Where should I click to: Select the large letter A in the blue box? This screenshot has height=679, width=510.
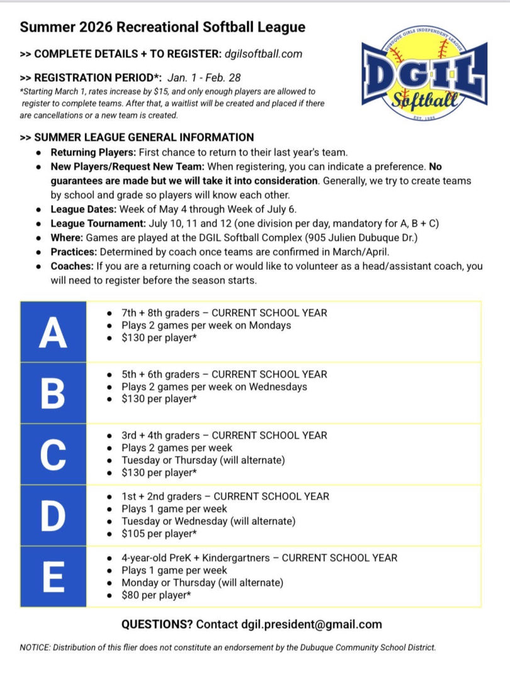click(53, 332)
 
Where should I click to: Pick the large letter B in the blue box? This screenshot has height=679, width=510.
click(53, 393)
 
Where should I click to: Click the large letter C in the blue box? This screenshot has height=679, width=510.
click(53, 455)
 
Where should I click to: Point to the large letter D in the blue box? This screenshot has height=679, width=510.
click(53, 516)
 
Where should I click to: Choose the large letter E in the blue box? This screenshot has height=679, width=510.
click(53, 576)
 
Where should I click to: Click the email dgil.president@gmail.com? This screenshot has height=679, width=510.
click(311, 625)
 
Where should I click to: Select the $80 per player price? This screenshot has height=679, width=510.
click(157, 595)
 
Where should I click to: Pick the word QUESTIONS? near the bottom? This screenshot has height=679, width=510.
click(157, 625)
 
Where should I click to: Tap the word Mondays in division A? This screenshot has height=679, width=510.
click(270, 326)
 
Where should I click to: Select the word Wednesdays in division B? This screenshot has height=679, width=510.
click(278, 387)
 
